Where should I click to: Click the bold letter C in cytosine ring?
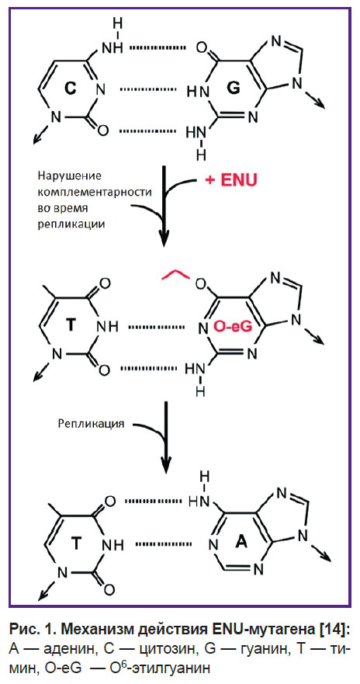(72, 89)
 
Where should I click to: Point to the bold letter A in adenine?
(242, 542)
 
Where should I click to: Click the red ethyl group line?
(176, 276)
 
